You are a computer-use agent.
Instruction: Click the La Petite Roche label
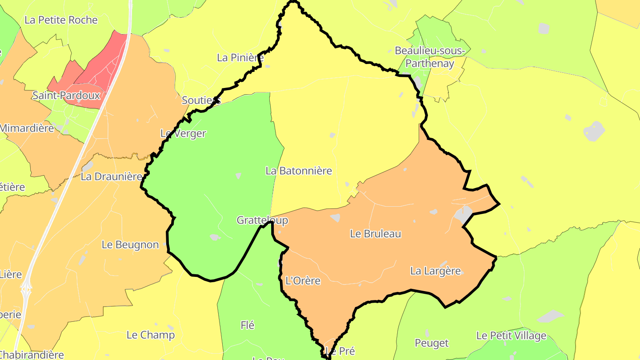tap(61, 20)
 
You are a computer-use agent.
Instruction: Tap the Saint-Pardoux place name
tap(66, 95)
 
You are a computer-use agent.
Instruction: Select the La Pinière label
tap(240, 57)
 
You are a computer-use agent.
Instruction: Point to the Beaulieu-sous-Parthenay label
tap(430, 57)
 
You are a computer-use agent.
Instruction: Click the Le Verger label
tap(183, 133)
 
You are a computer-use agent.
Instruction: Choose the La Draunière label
tap(111, 176)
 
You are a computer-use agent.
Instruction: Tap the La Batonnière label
tap(299, 171)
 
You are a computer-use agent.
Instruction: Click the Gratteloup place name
tap(262, 220)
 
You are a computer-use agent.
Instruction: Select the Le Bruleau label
tap(376, 234)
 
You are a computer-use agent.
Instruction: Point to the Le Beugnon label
tap(130, 244)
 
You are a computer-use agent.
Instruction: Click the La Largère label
tap(436, 271)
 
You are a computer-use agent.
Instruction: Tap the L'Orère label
tap(303, 281)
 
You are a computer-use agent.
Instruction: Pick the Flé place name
tap(248, 325)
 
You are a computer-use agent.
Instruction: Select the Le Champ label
tap(151, 335)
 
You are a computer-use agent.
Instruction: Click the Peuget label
tap(432, 343)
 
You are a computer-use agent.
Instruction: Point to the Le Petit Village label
tap(511, 336)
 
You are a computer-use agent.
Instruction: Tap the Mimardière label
tap(27, 128)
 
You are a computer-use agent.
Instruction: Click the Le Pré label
tap(340, 351)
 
